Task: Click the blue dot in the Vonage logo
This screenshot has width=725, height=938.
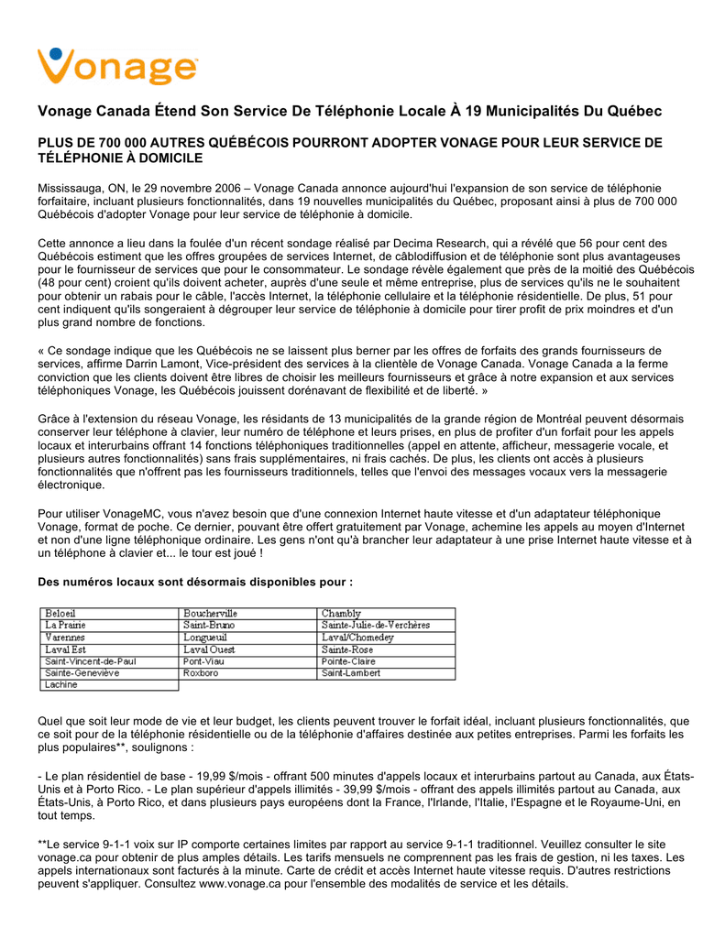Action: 56,54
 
